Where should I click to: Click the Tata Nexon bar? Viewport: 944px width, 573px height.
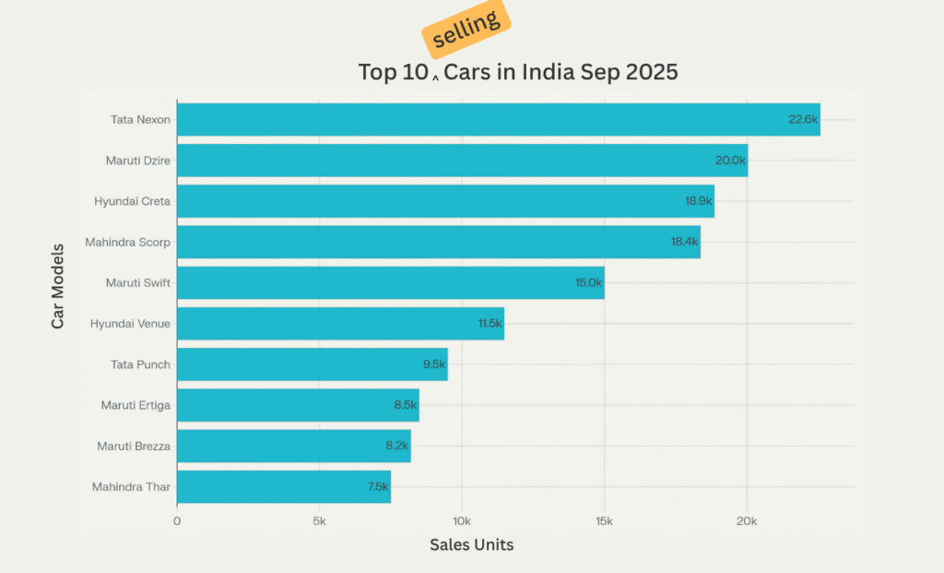tap(498, 120)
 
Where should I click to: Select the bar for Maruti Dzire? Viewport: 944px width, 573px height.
tap(461, 161)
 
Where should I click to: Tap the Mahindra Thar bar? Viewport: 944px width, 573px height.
tap(283, 486)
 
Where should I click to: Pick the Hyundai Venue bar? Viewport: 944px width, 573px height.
tap(340, 324)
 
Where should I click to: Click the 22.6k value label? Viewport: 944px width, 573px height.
tap(802, 120)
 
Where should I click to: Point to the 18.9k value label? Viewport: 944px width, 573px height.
tap(697, 201)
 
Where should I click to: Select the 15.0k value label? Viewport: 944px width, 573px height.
tap(587, 283)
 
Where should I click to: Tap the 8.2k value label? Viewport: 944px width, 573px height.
tap(396, 446)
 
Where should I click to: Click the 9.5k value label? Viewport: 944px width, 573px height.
tap(433, 364)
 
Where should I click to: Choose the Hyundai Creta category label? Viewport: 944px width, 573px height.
tap(132, 201)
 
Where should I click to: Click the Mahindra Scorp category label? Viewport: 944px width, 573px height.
tap(127, 243)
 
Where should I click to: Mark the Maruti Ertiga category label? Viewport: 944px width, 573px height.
tap(136, 405)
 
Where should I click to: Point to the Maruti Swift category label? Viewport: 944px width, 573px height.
tap(138, 283)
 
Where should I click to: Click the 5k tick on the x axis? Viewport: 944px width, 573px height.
tap(319, 521)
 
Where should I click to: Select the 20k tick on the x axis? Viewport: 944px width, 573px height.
tap(746, 521)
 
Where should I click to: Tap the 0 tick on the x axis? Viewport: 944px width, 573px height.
tap(177, 521)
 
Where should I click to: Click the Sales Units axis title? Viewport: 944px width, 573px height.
tap(471, 545)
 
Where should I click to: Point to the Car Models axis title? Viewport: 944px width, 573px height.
tap(58, 286)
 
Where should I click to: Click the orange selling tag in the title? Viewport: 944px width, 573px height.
tap(466, 28)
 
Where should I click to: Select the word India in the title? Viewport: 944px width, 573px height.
tap(549, 72)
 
